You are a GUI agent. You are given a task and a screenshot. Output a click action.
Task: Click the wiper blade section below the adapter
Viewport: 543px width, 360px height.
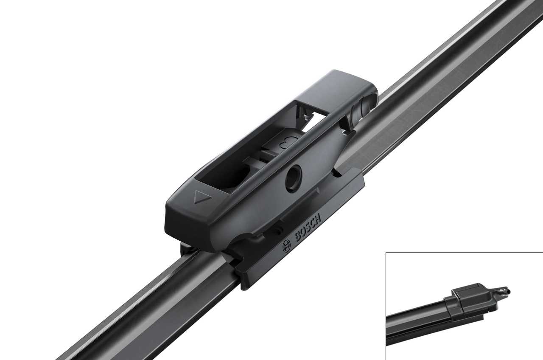140,310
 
